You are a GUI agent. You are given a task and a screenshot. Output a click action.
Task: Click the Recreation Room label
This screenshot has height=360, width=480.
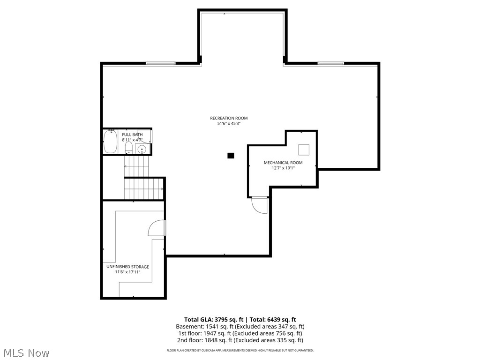pos(228,118)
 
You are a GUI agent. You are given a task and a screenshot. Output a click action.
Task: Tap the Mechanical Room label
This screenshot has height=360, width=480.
pos(283,163)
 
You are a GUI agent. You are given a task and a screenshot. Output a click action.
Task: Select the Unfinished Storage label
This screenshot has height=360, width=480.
pos(127,267)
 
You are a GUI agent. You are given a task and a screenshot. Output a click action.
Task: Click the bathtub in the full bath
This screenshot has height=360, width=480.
pos(110,142)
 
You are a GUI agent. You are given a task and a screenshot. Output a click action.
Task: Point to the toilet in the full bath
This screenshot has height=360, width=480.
pos(128,148)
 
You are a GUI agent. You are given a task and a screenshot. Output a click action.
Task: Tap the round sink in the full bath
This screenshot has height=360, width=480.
pos(142,150)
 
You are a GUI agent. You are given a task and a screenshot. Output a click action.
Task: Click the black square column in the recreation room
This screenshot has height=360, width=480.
pos(231,156)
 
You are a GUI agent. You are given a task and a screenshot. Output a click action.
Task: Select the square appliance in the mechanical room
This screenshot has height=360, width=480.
pos(304,150)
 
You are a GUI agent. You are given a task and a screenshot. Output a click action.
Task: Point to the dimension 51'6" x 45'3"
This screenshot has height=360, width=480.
pos(228,123)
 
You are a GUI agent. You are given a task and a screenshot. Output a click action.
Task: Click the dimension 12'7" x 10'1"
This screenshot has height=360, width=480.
pos(283,168)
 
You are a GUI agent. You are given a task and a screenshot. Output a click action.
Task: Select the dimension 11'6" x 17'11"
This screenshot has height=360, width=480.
pos(127,272)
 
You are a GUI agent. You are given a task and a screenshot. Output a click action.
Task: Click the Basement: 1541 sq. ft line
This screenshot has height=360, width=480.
pos(240,326)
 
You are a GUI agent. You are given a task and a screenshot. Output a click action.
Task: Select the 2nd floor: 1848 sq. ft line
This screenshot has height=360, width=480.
pos(240,340)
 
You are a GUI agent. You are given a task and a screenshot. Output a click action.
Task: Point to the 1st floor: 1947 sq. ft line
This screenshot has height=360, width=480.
pos(240,333)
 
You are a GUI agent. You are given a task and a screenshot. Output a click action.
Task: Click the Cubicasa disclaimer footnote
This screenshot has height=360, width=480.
pos(240,350)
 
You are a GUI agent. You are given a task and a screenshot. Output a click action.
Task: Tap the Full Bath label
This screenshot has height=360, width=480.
pos(132,135)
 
